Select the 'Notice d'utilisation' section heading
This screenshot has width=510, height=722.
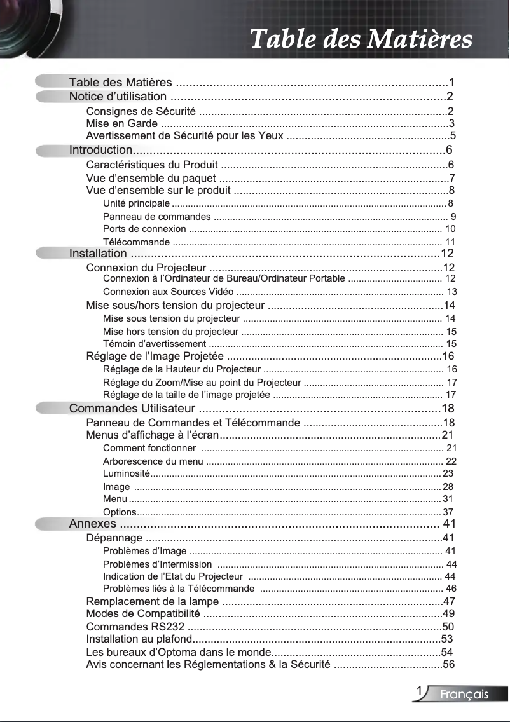click(118, 97)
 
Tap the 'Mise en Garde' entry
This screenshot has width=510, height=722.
click(122, 123)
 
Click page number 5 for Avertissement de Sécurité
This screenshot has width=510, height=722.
click(453, 135)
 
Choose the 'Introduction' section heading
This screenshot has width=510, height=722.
click(100, 150)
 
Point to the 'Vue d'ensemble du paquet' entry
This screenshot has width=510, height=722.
click(151, 177)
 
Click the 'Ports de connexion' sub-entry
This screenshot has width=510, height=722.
click(144, 229)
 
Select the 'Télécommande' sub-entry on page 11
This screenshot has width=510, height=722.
click(136, 242)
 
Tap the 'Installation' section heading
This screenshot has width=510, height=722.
click(97, 254)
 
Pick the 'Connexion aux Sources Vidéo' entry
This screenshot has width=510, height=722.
click(168, 292)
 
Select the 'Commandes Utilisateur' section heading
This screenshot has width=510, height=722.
click(132, 408)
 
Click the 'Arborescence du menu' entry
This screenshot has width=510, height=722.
click(153, 461)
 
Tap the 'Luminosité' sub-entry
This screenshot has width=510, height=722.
click(126, 473)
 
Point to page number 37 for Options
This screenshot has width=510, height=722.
click(448, 512)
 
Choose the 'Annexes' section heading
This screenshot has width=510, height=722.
click(92, 524)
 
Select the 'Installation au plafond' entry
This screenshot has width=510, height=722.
click(139, 639)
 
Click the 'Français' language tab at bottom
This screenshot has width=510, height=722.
click(465, 695)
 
